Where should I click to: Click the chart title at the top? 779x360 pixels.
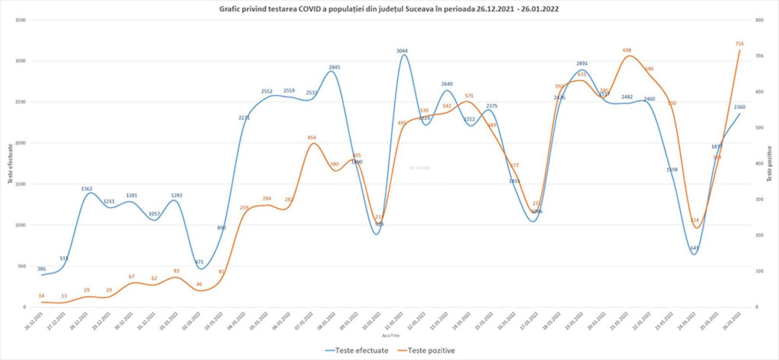[389, 9]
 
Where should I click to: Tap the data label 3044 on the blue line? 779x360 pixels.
[402, 51]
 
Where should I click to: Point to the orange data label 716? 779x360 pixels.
[739, 44]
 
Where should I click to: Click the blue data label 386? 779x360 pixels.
[41, 269]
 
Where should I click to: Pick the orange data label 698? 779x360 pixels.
[627, 51]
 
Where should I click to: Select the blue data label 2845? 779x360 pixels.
[334, 67]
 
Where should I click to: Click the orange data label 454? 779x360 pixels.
[312, 138]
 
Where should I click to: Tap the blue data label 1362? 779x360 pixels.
[87, 189]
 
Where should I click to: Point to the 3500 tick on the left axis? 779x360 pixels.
[20, 20]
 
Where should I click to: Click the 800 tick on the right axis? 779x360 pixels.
[760, 20]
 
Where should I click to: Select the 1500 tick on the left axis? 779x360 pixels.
[20, 184]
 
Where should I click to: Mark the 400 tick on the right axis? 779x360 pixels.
[760, 164]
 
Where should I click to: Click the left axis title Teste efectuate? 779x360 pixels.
[11, 164]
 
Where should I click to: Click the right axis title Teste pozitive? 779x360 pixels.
[769, 164]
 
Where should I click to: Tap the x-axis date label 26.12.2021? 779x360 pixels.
[34, 321]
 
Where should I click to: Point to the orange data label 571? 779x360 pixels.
[469, 96]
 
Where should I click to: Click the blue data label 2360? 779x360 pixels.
[740, 107]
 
